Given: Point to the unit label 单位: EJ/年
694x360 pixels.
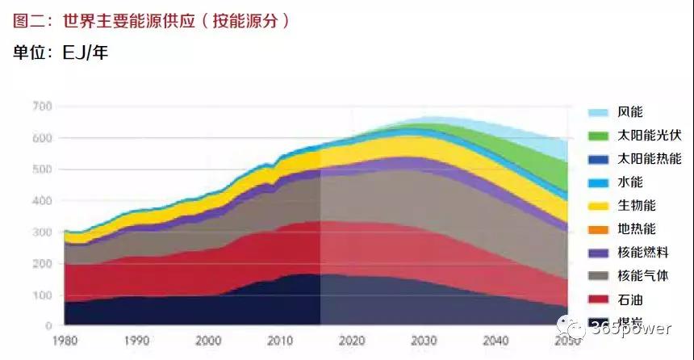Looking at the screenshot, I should click(61, 53).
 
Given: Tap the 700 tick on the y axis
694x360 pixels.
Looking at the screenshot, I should click(41, 107).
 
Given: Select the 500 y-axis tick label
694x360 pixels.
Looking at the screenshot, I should click(41, 170).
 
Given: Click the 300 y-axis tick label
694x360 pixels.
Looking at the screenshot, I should click(41, 232).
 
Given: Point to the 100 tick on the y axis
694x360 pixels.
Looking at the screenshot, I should click(41, 295).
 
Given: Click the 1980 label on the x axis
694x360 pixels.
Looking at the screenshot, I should click(64, 341).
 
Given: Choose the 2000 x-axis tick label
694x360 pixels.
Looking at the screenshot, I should click(207, 341).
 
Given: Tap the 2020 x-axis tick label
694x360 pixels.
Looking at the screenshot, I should click(352, 341).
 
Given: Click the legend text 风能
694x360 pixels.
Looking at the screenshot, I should click(630, 112).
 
